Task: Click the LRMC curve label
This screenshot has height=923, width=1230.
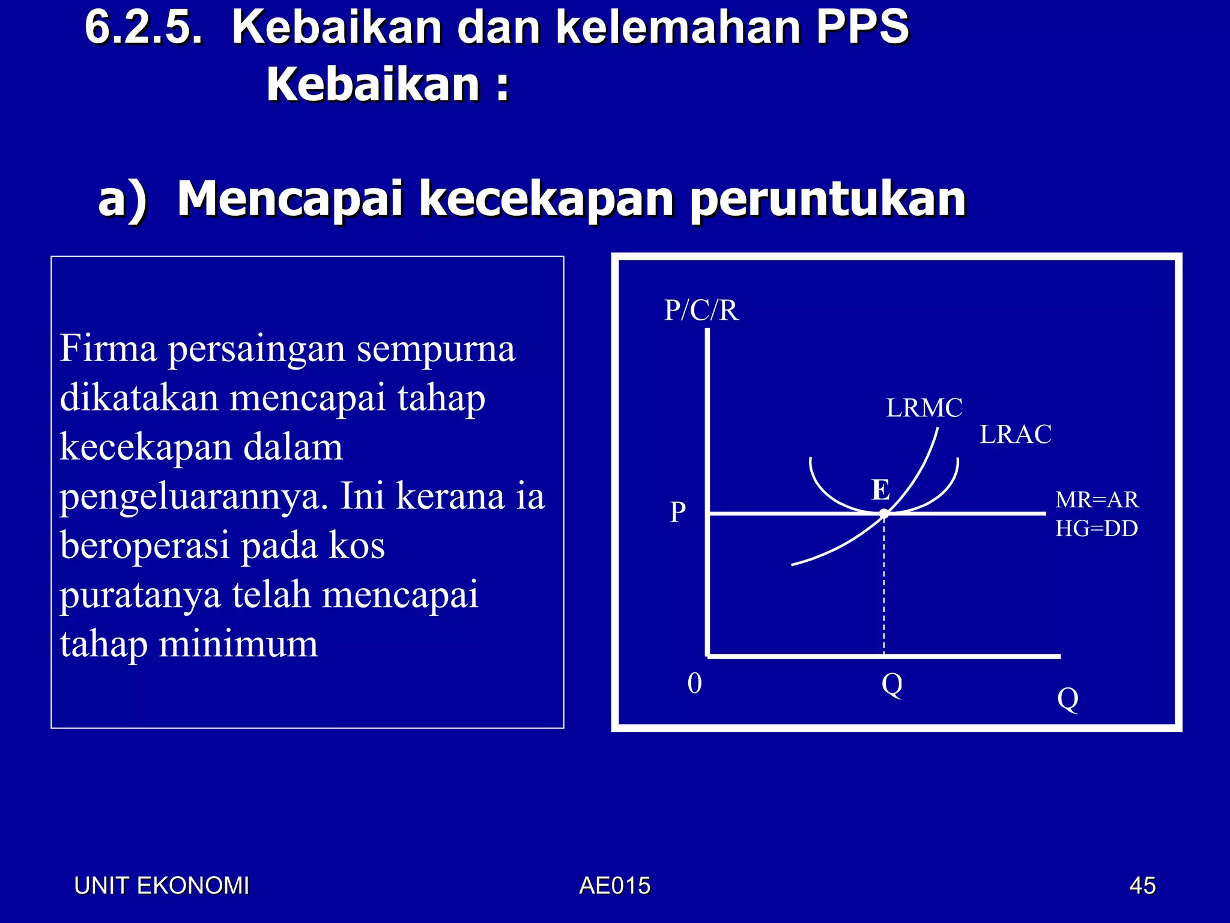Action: click(x=924, y=408)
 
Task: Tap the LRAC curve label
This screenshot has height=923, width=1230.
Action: click(x=1016, y=434)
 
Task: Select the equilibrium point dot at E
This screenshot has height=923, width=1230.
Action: click(x=884, y=514)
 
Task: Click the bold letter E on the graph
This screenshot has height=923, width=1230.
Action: click(x=880, y=490)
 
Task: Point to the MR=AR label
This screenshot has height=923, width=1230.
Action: click(x=1097, y=500)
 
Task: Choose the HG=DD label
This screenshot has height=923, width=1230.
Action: click(x=1097, y=529)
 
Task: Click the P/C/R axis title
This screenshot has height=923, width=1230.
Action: click(x=701, y=311)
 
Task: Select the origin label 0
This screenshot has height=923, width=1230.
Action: click(x=695, y=683)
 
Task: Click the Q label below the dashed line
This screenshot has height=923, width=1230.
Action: click(x=892, y=684)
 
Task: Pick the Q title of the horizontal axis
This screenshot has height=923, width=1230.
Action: click(x=1068, y=698)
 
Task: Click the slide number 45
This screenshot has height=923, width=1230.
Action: click(x=1142, y=886)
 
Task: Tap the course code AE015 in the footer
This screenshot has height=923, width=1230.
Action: click(x=614, y=886)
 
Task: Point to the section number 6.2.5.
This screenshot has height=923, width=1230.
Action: click(x=144, y=27)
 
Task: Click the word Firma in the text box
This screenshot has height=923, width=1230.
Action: click(x=108, y=349)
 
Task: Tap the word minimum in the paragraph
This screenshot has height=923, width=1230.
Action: click(x=238, y=644)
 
